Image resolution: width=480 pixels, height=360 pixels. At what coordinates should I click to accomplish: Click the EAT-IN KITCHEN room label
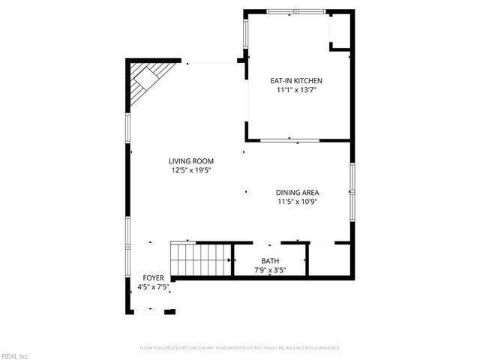coord(296,80)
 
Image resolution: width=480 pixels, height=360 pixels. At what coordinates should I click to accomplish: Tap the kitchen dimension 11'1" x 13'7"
coord(296,90)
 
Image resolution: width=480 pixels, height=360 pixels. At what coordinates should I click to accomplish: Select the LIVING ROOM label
coord(191,161)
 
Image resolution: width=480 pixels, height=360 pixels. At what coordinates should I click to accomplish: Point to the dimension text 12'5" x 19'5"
coord(191,170)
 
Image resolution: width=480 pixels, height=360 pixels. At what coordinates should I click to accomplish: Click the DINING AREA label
coord(298,192)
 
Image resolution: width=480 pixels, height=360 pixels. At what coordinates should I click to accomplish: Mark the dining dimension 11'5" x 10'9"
coord(298,201)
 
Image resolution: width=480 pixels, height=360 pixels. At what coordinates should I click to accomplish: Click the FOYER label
coord(153,278)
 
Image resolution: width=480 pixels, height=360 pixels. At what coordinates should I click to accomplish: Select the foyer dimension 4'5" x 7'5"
coord(153,286)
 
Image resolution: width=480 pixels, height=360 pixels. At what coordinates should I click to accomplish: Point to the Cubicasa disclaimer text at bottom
coord(240,348)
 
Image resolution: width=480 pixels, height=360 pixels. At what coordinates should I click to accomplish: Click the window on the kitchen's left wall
coord(245,34)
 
